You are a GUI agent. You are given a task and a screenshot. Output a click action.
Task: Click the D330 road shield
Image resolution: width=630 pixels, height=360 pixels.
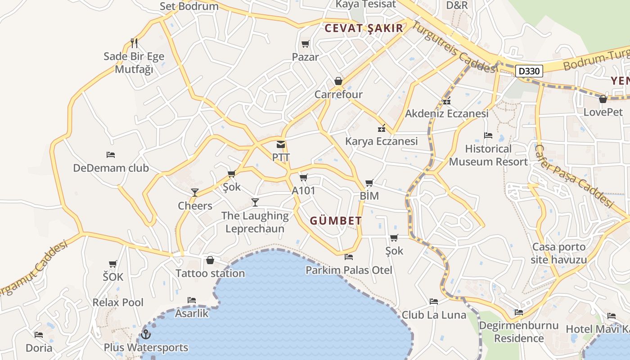(529, 71)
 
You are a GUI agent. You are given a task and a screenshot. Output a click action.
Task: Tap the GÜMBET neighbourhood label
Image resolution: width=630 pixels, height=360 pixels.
(336, 220)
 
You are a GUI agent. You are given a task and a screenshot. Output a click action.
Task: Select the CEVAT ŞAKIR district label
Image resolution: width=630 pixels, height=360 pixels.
(364, 28)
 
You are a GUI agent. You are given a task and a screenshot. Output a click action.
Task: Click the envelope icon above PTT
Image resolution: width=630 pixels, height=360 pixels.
(281, 145)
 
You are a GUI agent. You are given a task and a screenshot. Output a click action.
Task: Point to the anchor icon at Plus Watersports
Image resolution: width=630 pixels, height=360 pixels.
(145, 334)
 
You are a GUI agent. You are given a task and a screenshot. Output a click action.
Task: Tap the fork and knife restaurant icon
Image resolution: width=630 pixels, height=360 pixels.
(134, 43)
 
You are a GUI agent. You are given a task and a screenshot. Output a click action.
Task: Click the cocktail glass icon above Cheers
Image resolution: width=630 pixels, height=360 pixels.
(195, 193)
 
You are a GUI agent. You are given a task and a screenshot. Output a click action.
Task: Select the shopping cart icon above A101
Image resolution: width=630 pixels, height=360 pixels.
(304, 178)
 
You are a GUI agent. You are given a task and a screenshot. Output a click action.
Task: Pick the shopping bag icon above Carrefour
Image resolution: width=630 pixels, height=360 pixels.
(338, 81)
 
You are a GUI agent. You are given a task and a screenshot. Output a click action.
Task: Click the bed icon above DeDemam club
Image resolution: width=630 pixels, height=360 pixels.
(111, 155)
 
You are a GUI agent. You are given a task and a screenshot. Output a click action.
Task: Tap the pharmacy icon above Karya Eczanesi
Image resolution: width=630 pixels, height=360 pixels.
(381, 128)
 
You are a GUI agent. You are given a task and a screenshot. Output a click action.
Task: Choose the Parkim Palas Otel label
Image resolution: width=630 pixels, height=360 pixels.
(349, 270)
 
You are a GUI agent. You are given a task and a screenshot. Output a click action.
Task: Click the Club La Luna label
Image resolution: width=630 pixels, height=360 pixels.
(434, 315)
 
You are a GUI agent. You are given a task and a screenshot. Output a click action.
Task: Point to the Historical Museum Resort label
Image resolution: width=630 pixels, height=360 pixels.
(488, 155)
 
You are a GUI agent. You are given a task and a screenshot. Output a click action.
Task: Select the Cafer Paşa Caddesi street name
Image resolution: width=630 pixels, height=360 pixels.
(575, 176)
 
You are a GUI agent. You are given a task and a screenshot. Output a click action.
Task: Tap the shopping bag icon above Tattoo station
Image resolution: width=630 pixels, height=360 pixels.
(210, 260)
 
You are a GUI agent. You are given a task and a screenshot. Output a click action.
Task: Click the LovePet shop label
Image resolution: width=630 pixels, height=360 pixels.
(603, 112)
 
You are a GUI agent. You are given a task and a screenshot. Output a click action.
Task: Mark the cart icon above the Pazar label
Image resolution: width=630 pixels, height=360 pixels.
(306, 44)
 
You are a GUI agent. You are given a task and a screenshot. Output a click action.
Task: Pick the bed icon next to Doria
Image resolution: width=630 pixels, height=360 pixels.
(39, 335)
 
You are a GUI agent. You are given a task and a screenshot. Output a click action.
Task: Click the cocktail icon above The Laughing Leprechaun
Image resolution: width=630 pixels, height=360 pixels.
(255, 202)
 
